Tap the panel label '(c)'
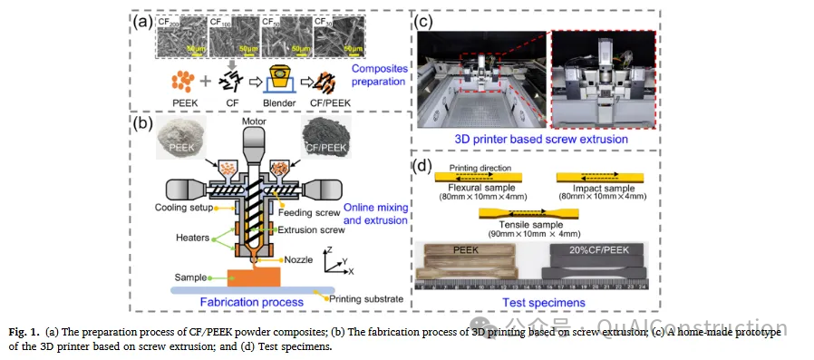tap(426, 17)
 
